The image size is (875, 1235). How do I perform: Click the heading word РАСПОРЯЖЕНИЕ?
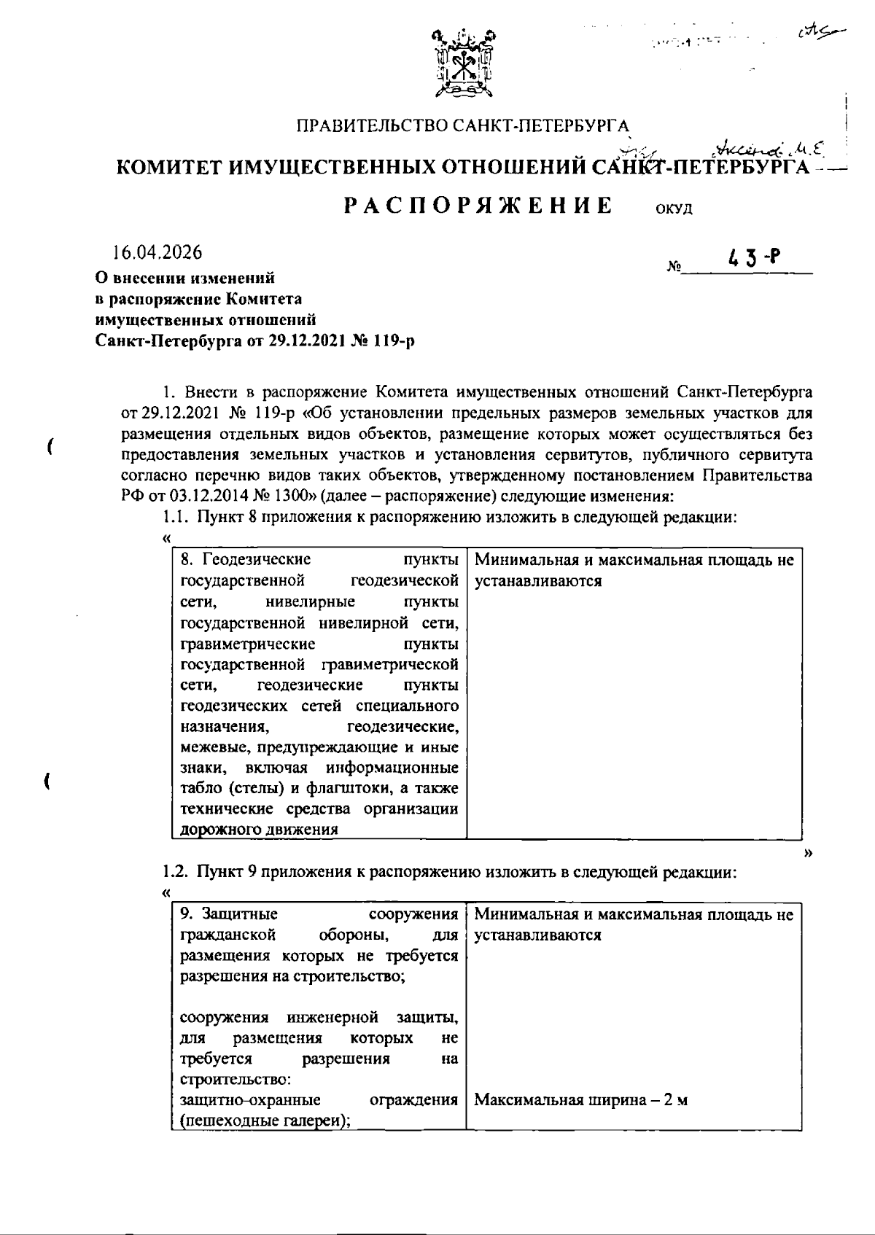point(479,206)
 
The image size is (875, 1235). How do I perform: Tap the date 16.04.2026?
point(157,253)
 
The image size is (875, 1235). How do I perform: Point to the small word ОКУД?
point(674,210)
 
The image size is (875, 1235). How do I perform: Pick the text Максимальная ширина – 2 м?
point(580,1101)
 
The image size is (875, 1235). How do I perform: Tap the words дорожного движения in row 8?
point(259,829)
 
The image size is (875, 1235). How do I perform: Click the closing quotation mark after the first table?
point(807,853)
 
